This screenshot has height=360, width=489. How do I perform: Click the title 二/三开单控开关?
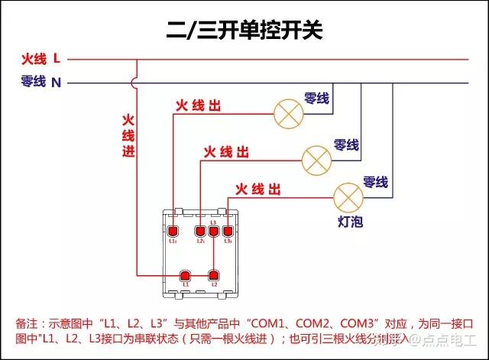[x=245, y=31]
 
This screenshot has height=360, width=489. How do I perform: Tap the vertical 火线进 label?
[x=128, y=136]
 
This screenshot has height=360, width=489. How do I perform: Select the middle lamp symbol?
[x=317, y=159]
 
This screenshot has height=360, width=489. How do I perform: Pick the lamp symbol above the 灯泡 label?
[x=349, y=197]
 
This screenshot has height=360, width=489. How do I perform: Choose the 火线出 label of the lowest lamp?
[x=257, y=189]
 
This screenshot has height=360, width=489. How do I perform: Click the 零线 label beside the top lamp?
[x=316, y=98]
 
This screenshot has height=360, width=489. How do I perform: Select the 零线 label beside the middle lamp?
[x=346, y=144]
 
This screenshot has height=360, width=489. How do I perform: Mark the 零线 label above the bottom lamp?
[x=375, y=182]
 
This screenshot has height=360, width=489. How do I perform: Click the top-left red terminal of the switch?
[x=173, y=231]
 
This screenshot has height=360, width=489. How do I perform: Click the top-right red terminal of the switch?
[x=228, y=231]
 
